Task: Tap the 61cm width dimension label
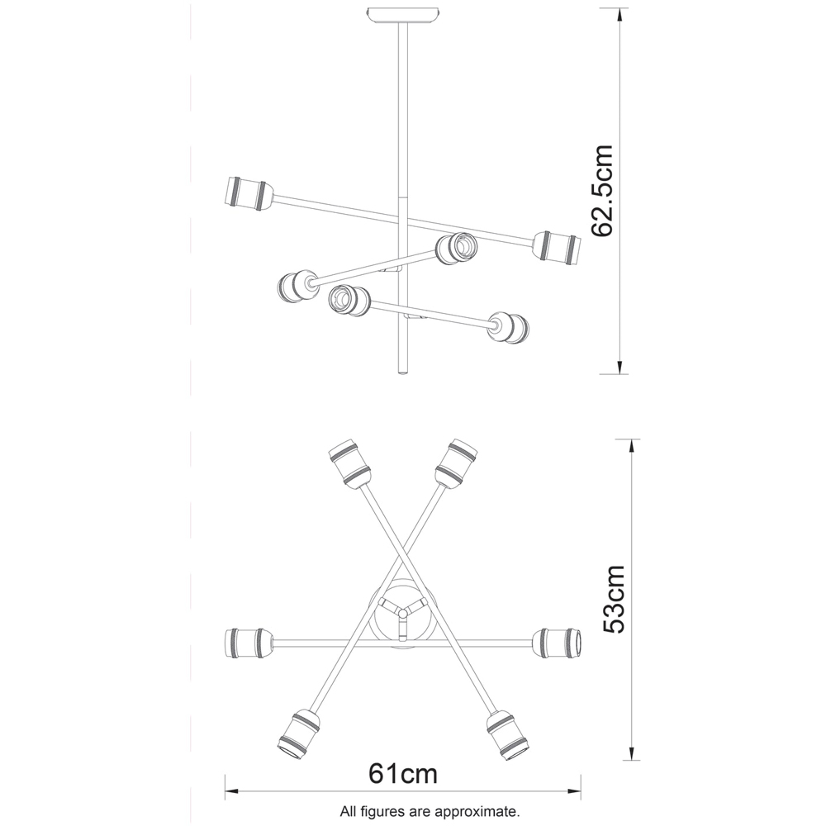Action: pyautogui.click(x=402, y=775)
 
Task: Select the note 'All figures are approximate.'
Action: pyautogui.click(x=430, y=811)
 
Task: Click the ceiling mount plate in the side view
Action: pyautogui.click(x=402, y=16)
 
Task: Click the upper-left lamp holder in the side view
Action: pyautogui.click(x=246, y=193)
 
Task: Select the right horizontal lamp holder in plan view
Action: pyautogui.click(x=559, y=642)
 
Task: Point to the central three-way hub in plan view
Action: pyautogui.click(x=401, y=612)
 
